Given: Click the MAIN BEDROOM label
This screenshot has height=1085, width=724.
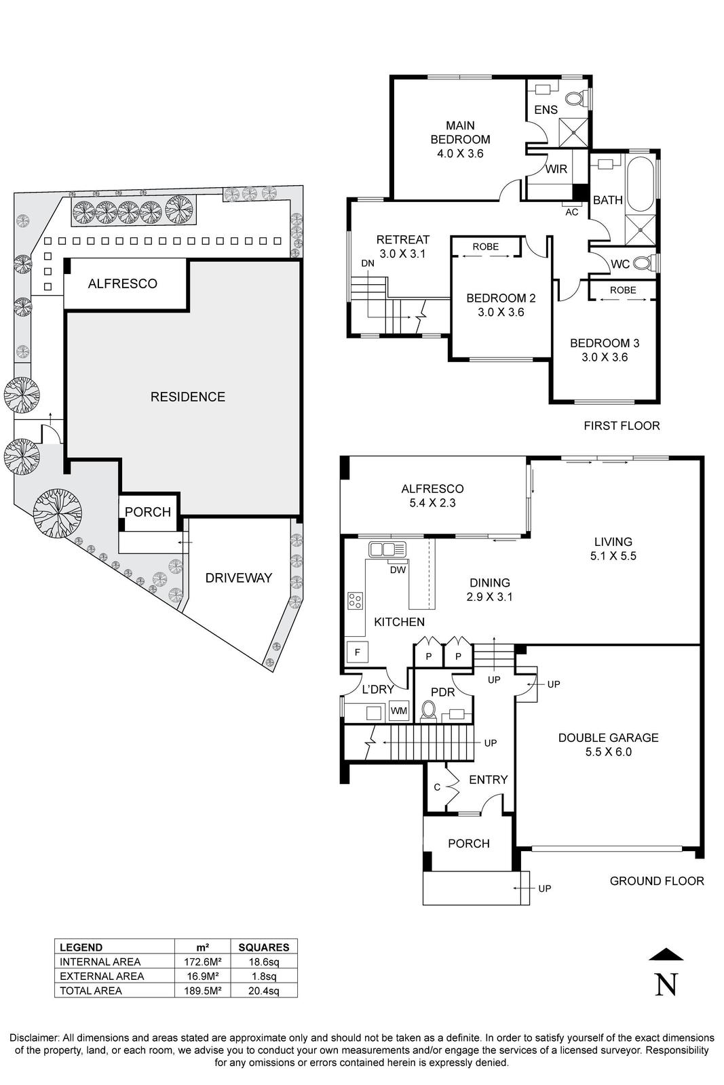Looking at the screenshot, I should tap(460, 132).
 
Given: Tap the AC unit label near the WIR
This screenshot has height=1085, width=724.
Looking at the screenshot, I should tap(571, 212).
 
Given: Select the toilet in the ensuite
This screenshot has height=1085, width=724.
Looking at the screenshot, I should tap(575, 100).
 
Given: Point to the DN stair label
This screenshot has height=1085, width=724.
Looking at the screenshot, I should tap(367, 263).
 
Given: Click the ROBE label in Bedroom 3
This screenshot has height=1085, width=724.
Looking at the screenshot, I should tap(622, 290).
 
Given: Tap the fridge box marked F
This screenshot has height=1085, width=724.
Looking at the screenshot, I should tap(357, 652).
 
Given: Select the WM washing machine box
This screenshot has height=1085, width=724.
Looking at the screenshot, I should tap(399, 711).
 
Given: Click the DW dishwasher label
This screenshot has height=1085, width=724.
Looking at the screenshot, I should tap(398, 570).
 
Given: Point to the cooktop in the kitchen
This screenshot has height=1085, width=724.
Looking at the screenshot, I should tap(355, 600).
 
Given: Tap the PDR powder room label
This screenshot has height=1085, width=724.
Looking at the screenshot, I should tap(442, 692).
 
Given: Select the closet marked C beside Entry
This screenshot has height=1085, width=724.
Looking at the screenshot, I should tap(437, 787).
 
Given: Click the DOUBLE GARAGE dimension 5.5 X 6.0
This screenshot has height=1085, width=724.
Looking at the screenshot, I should tap(608, 751).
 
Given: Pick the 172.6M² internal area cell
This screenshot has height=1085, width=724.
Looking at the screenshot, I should tap(202, 962).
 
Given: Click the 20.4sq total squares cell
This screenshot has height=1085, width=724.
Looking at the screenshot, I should tap(263, 991).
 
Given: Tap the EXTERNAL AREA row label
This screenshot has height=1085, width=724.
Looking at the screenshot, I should tap(102, 976).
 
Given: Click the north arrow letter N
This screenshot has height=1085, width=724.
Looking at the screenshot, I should tap(666, 984).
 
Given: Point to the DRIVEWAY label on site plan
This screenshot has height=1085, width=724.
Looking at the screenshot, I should tap(238, 578).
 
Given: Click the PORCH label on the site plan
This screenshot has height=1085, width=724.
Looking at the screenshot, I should tap(148, 512).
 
